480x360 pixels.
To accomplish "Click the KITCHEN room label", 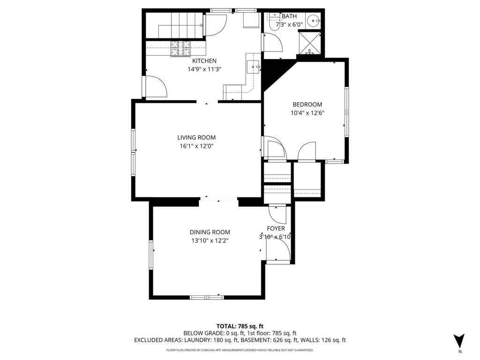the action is coord(204,61).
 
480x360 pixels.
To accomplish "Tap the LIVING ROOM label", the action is coord(196,138).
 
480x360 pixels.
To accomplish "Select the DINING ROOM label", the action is coord(210,232).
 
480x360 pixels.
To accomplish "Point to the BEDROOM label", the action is coord(307,105).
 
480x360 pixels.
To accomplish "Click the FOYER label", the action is coord(276,229).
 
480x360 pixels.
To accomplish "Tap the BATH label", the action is coord(289,16).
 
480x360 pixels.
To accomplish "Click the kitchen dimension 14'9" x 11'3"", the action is coord(204,69).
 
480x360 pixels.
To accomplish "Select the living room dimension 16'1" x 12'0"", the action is coord(196,146).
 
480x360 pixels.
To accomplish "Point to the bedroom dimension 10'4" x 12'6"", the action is coord(307,113).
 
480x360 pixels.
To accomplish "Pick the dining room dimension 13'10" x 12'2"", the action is coord(210,241).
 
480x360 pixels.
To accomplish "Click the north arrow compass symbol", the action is coord(459,341).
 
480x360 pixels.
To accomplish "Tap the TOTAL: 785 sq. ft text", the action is coord(240,326).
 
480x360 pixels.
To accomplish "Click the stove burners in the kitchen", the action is coord(180,49).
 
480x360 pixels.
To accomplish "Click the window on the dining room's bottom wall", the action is coord(207,297).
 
